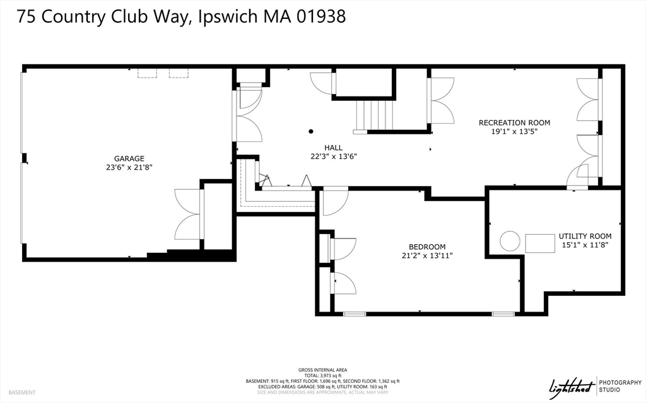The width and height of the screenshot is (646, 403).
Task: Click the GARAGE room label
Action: (129, 158)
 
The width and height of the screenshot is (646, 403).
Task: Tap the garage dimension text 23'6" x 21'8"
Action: (129, 168)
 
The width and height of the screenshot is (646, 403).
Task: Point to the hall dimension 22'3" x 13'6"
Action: (334, 156)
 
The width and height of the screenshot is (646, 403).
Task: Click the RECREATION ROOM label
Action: (514, 122)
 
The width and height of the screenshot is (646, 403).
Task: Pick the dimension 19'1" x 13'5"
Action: (514, 132)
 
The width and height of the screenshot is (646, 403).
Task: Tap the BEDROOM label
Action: (427, 247)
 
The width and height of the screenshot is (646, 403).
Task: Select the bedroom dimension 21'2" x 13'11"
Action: (427, 255)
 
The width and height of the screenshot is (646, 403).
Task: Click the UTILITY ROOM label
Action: (585, 236)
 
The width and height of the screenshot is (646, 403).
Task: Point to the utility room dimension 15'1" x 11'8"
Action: (585, 245)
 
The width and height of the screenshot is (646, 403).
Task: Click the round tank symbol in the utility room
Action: (510, 240)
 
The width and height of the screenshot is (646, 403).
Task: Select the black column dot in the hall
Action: (311, 132)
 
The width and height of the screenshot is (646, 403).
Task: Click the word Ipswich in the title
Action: (225, 17)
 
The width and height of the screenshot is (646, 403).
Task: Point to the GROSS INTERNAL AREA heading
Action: (322, 370)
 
